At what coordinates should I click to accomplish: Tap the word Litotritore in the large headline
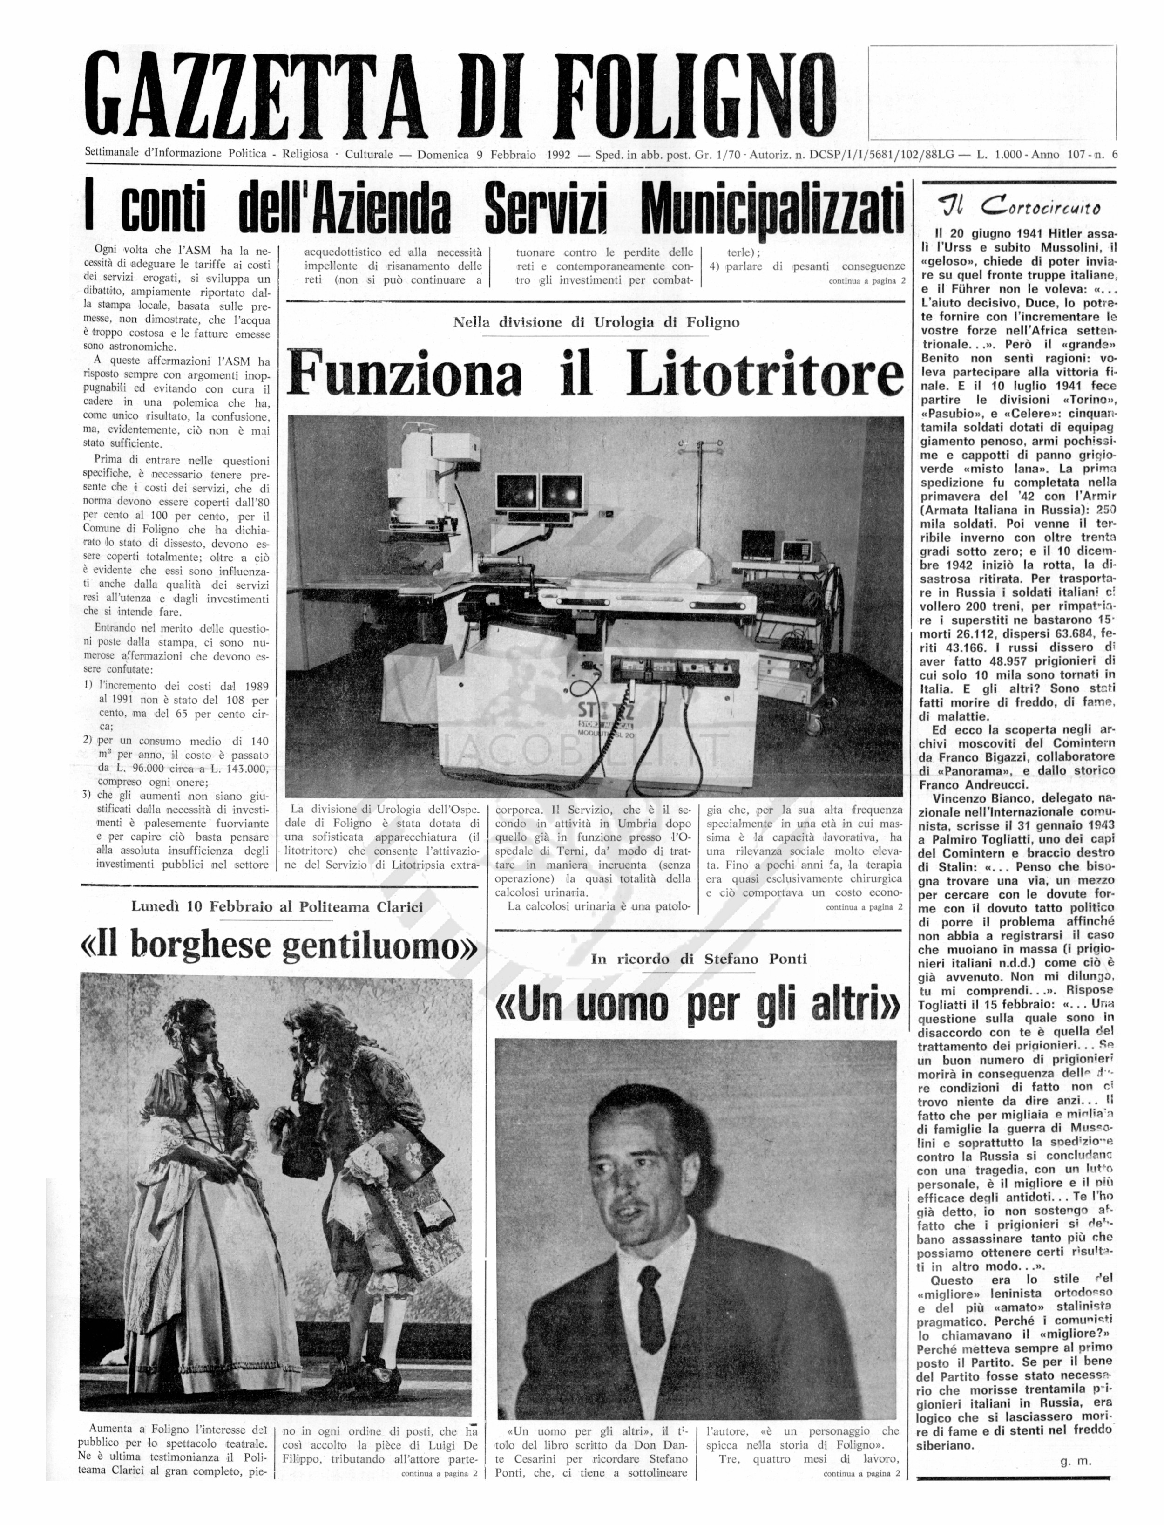(765, 375)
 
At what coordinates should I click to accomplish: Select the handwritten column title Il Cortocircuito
(1019, 206)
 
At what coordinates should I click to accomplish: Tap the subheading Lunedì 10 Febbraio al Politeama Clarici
(277, 907)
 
